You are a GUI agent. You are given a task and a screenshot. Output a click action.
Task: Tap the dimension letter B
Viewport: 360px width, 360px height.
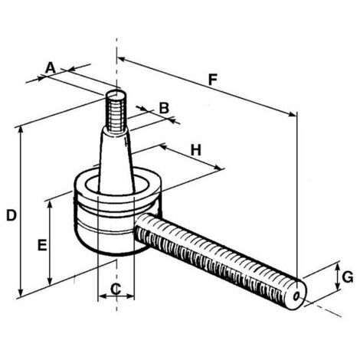(162, 107)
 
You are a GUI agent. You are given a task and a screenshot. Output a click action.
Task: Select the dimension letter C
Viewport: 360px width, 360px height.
(116, 288)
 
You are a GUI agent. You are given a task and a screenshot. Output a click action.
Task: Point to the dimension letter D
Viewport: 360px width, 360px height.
(10, 215)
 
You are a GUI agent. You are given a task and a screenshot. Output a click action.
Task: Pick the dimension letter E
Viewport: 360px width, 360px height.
(43, 245)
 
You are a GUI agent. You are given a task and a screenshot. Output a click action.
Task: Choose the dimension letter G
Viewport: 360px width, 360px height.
(347, 277)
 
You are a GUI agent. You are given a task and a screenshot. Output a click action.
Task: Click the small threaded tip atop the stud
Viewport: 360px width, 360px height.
(116, 107)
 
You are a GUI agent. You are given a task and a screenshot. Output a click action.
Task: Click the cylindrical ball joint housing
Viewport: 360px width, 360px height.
(115, 218)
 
